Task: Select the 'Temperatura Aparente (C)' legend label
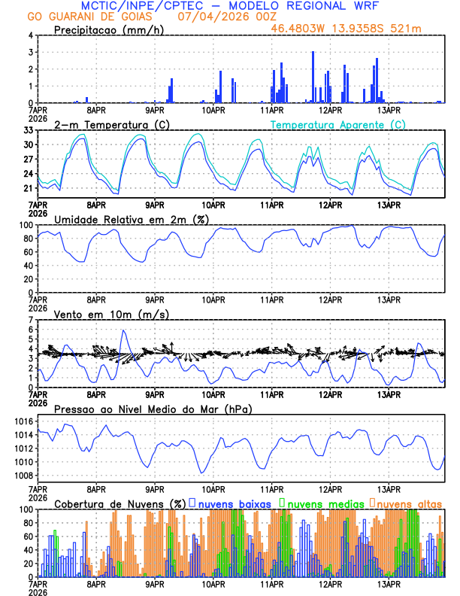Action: (x=338, y=124)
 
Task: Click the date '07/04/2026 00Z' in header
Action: (x=214, y=16)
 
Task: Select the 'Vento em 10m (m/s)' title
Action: (x=111, y=314)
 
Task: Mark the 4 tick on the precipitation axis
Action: (x=30, y=35)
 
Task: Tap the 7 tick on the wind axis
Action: (x=30, y=320)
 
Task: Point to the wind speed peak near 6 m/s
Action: (x=123, y=330)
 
